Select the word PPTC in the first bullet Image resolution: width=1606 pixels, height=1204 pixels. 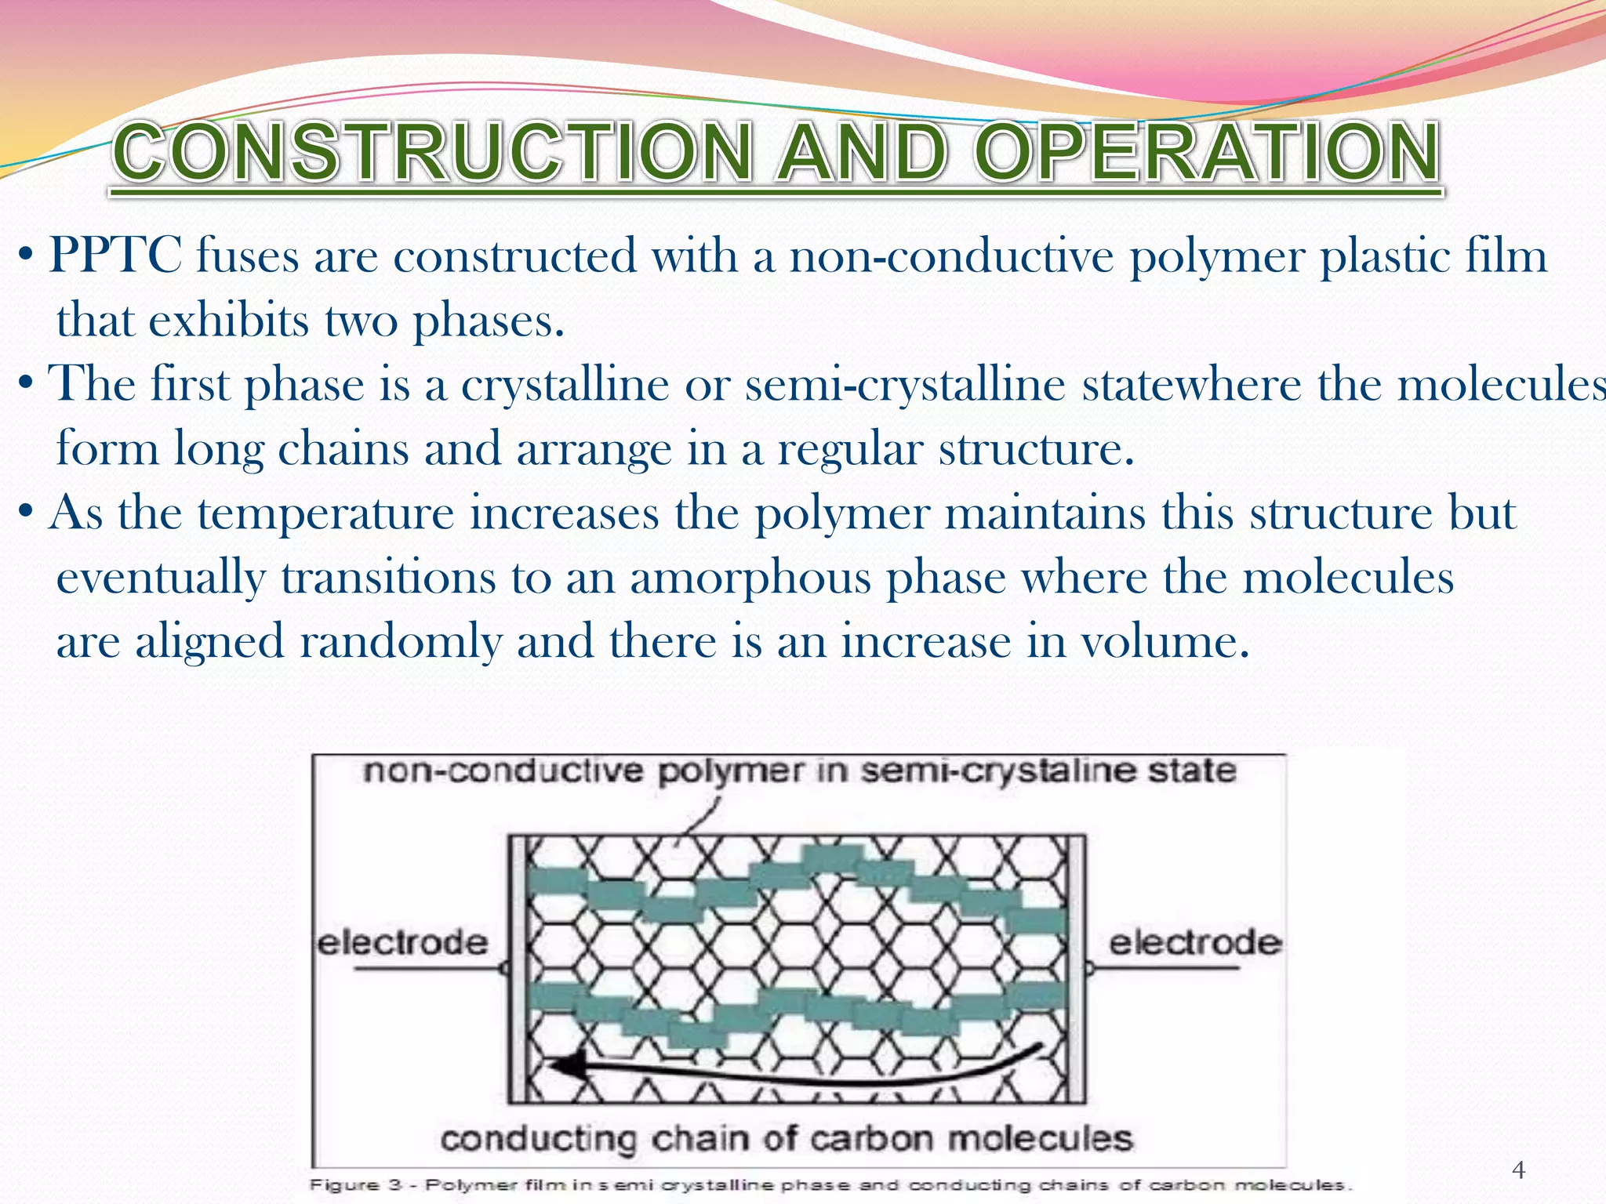coord(115,256)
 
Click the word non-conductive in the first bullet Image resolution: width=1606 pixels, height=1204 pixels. coord(950,256)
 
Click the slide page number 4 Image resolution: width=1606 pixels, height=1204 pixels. coord(1518,1170)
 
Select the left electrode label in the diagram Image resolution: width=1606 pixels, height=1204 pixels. coord(402,941)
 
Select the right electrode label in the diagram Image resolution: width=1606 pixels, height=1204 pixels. coord(1194,941)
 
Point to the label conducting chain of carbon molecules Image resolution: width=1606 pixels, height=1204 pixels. coord(786,1138)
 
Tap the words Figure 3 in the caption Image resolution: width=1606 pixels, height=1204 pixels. coord(358,1184)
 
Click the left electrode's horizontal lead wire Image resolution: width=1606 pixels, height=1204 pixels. coord(427,970)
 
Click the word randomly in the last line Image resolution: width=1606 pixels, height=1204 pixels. coord(400,641)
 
